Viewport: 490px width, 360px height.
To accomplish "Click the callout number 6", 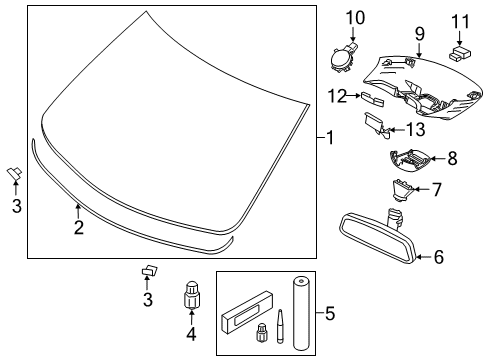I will coord(438,257).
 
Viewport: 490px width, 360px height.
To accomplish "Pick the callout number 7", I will coord(435,189).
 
